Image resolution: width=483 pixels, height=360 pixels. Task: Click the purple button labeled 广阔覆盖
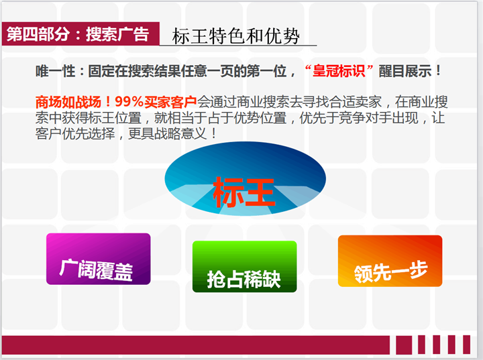98,259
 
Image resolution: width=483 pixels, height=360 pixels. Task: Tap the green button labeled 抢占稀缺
245,266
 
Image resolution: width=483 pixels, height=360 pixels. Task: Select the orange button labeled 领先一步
390,261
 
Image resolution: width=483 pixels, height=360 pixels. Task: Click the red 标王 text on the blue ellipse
244,192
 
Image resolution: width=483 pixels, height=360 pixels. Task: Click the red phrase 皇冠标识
339,72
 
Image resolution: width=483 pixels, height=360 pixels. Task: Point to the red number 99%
129,102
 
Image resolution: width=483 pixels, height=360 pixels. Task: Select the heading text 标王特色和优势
236,36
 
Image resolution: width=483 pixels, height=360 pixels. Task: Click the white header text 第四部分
38,34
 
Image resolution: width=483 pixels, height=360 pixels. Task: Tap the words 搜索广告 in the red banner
117,34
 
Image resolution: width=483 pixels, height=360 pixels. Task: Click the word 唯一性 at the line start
56,72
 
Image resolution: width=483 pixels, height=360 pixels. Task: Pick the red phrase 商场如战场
68,102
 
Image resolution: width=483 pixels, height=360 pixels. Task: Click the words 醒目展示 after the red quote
405,72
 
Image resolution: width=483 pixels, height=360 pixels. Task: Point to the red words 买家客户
170,102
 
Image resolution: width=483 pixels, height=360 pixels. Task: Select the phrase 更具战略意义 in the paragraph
167,133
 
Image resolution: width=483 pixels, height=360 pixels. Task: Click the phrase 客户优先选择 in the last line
75,133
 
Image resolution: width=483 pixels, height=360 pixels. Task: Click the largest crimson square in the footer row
404,345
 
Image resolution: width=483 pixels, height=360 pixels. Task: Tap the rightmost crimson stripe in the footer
467,345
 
